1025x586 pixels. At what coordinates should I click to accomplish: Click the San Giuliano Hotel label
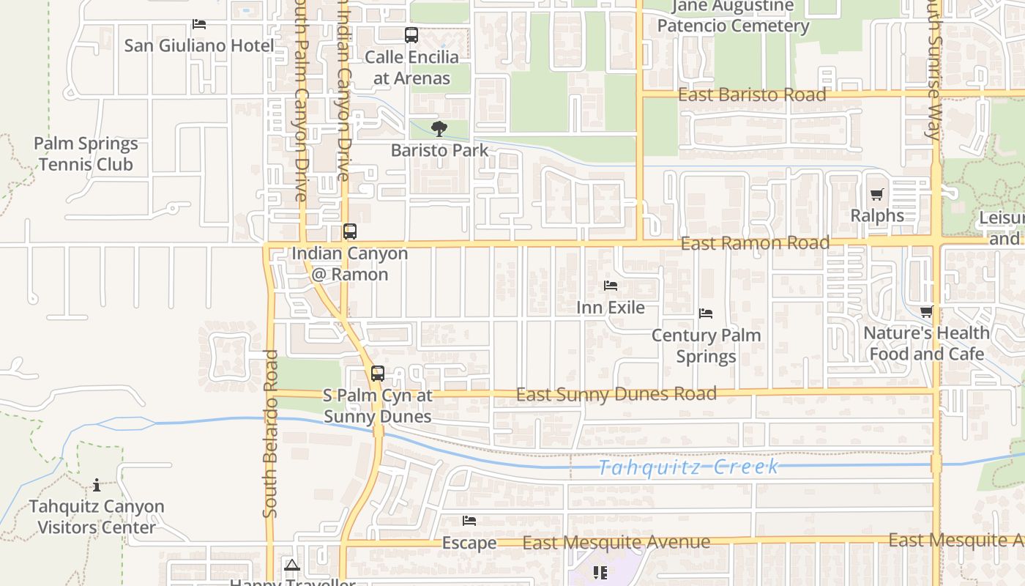199,45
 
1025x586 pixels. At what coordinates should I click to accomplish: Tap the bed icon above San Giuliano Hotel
198,24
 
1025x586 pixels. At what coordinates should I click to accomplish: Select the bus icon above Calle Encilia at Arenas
411,34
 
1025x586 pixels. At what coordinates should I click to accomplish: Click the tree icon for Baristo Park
439,130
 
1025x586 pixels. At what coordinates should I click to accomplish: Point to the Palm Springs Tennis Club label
86,154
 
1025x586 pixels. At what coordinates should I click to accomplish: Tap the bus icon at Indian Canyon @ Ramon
350,231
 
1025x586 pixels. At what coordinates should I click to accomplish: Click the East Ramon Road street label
755,242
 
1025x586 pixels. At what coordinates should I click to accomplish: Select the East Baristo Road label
752,94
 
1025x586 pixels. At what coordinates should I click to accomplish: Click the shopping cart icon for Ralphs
877,195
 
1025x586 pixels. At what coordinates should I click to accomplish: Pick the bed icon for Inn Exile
611,286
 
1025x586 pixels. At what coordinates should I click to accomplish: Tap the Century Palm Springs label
707,346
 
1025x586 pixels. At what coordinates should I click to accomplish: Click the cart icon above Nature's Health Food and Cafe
926,312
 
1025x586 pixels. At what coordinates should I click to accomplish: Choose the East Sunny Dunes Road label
616,394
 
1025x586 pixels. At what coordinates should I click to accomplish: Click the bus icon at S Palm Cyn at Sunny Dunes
378,374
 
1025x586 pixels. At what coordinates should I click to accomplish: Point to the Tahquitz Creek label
688,467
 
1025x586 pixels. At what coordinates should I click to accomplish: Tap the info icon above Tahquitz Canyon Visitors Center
97,485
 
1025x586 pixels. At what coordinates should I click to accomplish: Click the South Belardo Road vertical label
270,434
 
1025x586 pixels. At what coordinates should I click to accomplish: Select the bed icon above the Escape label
469,521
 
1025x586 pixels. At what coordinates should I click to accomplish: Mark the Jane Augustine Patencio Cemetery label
733,16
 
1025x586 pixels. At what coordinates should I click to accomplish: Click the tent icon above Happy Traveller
292,565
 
